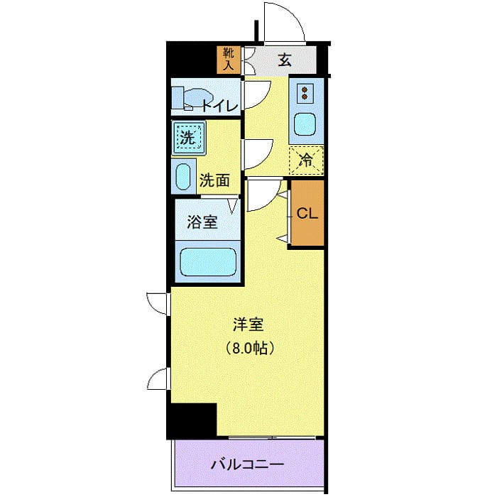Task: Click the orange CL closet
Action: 307,213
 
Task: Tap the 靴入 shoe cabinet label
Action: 229,60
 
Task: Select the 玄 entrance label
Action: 285,60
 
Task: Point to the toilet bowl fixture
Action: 192,99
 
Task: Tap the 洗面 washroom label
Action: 214,180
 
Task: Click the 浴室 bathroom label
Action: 202,222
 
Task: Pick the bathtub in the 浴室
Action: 207,262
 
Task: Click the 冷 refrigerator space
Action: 306,160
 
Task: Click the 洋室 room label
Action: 248,326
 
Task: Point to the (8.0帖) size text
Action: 249,349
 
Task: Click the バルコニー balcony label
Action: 248,465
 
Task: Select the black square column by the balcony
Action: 192,420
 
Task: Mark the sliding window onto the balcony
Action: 270,437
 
